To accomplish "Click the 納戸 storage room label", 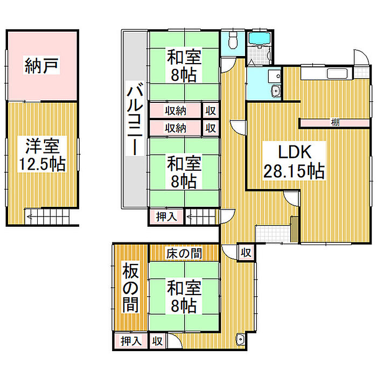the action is tap(41, 65).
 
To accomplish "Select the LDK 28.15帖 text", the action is tap(294, 161).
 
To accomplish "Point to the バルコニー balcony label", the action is tap(135, 118).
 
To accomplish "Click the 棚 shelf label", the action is tap(335, 122).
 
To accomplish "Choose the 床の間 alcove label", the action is tap(184, 254).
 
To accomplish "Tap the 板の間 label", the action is tap(131, 287).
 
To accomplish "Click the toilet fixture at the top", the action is tap(233, 40).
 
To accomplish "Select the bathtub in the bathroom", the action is tap(260, 38).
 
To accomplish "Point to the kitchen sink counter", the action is tap(327, 73).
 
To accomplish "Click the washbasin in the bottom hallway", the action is tap(240, 339).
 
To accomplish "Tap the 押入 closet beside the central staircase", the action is tap(166, 217).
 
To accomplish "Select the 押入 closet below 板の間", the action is tap(130, 341).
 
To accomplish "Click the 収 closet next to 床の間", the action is tap(246, 253).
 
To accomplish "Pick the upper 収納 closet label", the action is tap(176, 111).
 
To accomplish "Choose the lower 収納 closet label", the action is tap(176, 128).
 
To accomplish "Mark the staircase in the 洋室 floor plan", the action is tap(47, 217).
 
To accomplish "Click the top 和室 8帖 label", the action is tap(184, 65).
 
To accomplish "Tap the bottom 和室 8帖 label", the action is tap(184, 296).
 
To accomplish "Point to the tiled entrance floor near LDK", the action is tap(273, 234).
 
